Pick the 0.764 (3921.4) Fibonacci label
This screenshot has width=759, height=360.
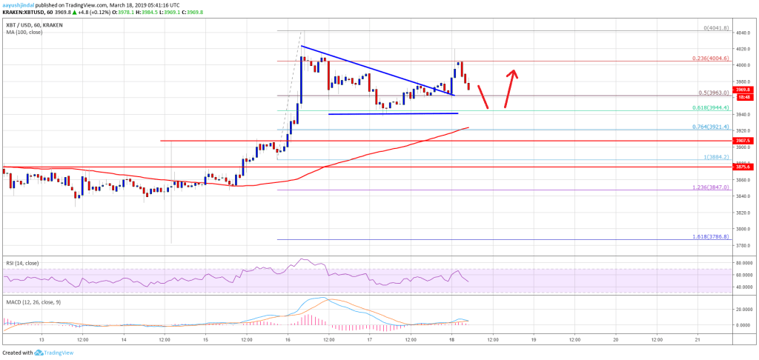[x=711, y=126]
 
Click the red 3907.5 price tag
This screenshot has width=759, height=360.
[x=743, y=140]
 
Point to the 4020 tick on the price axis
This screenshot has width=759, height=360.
[x=742, y=48]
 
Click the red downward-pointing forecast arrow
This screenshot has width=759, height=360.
[x=483, y=97]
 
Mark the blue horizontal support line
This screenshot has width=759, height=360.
[x=393, y=113]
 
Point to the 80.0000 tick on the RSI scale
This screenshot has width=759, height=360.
[x=744, y=263]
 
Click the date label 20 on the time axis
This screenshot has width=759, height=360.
[x=616, y=339]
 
